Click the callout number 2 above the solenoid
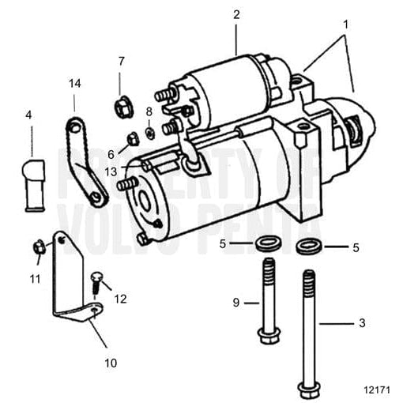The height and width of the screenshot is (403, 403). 236,14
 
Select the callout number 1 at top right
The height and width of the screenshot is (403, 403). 345,24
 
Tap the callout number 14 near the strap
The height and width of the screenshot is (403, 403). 74,82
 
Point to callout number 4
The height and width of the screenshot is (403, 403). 29,115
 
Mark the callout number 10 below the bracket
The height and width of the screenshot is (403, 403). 110,363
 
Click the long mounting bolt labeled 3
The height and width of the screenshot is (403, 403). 305,332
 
